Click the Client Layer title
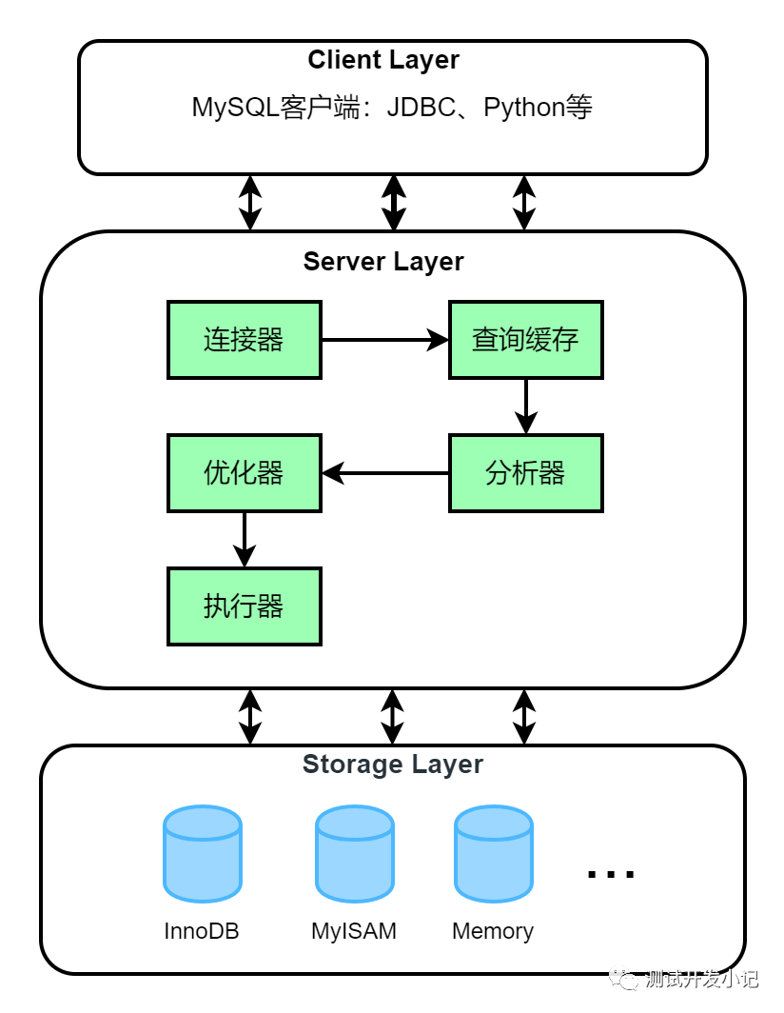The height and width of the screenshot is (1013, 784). [x=383, y=60]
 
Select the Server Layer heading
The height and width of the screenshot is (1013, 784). [x=383, y=262]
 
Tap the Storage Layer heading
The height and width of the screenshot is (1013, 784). [x=392, y=765]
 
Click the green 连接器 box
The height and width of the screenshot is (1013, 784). [x=245, y=340]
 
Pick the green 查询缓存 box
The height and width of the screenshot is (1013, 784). [x=525, y=340]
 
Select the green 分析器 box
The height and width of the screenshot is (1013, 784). [x=525, y=473]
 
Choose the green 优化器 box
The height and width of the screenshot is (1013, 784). [x=245, y=473]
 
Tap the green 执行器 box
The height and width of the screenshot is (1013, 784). [x=245, y=606]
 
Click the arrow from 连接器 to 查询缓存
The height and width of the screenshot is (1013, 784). [x=385, y=340]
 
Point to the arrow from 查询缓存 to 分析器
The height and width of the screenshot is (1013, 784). [x=525, y=407]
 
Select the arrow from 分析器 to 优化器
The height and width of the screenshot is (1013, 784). [x=385, y=473]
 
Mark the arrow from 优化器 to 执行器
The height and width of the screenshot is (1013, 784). [x=245, y=540]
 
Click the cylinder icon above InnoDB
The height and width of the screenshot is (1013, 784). [x=202, y=854]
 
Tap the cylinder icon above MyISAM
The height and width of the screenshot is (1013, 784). [x=354, y=854]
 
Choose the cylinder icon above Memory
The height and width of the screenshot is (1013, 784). [x=493, y=854]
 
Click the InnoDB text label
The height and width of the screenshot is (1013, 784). [x=202, y=931]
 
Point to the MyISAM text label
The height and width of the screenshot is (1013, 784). [x=354, y=931]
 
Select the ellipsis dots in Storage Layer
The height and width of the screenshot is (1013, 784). [x=611, y=873]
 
